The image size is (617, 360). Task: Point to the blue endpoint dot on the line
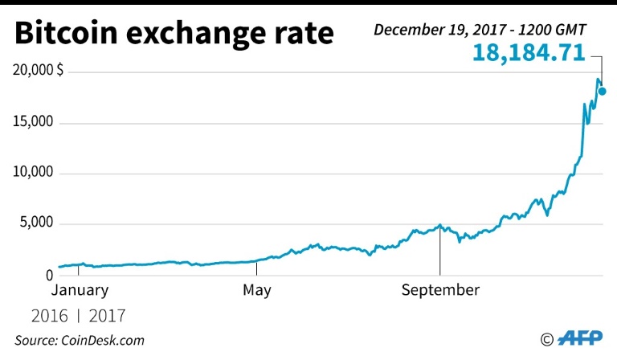tap(603, 91)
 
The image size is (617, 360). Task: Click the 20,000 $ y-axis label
tap(38, 72)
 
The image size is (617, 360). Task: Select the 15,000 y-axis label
tap(32, 123)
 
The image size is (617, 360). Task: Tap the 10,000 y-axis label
tap(32, 174)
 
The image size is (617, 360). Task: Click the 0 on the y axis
tap(48, 276)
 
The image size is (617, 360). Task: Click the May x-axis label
tap(256, 290)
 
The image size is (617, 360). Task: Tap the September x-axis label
tap(440, 290)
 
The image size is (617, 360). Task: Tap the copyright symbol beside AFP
tap(547, 339)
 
